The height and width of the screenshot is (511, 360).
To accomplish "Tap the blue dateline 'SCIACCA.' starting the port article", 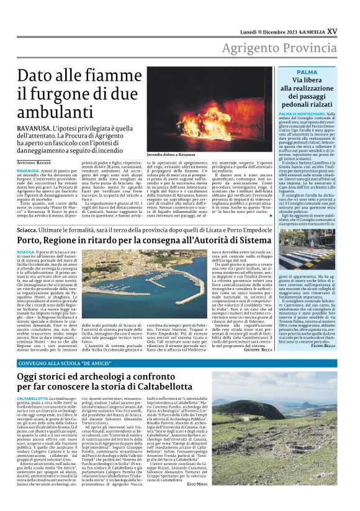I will [25, 252].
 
